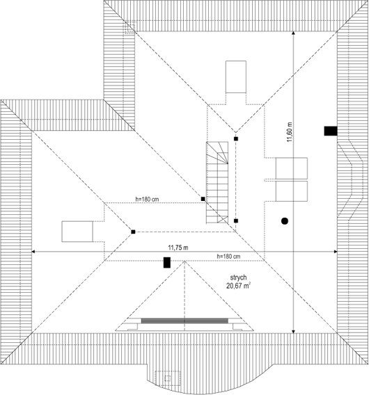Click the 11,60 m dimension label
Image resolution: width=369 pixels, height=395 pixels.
click(290, 132)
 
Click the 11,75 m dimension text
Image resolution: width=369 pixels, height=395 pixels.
click(178, 248)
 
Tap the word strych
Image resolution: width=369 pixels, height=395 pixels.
click(238, 277)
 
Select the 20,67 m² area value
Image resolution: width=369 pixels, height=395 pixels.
click(238, 286)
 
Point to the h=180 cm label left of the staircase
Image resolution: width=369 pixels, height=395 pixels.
click(147, 199)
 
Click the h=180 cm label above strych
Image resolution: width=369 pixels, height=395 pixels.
click(228, 257)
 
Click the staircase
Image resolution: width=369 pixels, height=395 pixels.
click(217, 182)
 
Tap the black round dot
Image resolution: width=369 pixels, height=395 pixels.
click(285, 221)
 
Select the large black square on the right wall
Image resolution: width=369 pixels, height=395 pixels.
click(331, 131)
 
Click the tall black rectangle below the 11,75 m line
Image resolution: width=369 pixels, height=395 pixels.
click(166, 262)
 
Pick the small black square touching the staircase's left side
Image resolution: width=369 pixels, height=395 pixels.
click(203, 199)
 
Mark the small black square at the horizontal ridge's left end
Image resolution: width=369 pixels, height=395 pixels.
click(133, 232)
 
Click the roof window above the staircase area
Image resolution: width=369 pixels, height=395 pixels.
click(236, 76)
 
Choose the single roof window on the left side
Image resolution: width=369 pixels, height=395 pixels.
click(77, 232)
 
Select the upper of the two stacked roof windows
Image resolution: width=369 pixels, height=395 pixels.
click(291, 168)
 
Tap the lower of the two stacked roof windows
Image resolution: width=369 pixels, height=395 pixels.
click(291, 191)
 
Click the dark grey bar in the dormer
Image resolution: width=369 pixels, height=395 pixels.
click(184, 321)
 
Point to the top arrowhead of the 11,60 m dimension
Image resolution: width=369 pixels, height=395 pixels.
click(293, 33)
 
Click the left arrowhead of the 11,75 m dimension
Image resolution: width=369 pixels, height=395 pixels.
click(33, 252)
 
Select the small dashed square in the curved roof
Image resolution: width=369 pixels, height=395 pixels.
click(168, 378)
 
